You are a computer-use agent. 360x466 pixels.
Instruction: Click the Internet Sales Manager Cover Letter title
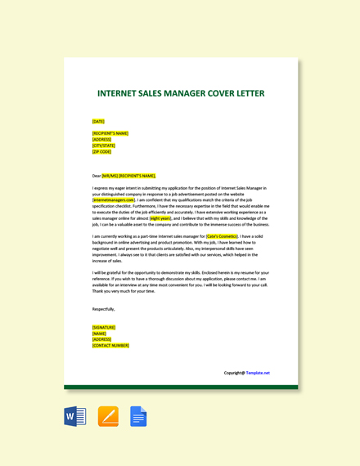pos(181,93)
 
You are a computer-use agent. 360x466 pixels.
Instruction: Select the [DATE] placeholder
pos(98,121)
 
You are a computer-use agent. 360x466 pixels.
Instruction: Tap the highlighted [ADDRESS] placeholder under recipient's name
pos(102,139)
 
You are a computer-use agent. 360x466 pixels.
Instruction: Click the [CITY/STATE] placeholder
pos(104,146)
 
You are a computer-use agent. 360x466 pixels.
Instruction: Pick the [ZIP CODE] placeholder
pos(102,151)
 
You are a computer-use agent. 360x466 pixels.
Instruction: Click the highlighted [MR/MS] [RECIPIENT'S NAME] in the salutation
pos(128,175)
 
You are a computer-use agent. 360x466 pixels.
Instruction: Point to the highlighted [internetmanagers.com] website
pos(114,199)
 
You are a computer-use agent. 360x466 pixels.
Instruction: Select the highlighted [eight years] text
pos(160,218)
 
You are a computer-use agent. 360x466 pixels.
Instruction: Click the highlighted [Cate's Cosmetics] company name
pos(222,236)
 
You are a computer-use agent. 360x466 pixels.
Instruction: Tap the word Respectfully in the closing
pos(104,309)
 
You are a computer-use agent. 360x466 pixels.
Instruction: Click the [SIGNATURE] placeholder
pos(104,327)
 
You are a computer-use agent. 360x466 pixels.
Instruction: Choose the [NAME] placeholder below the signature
pos(99,333)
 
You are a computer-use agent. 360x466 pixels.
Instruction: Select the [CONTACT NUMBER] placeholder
pos(110,345)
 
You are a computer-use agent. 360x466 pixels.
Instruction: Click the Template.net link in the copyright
pos(258,373)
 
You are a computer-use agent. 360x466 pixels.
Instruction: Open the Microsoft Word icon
pos(75,416)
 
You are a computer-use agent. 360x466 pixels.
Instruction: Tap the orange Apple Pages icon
pos(108,416)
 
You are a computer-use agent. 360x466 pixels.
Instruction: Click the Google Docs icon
pos(138,416)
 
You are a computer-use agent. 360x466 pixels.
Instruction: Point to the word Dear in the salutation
pos(97,175)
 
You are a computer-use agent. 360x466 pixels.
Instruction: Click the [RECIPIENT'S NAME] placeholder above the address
pos(110,133)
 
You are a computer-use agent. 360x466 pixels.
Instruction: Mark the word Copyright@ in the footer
pos(234,373)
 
